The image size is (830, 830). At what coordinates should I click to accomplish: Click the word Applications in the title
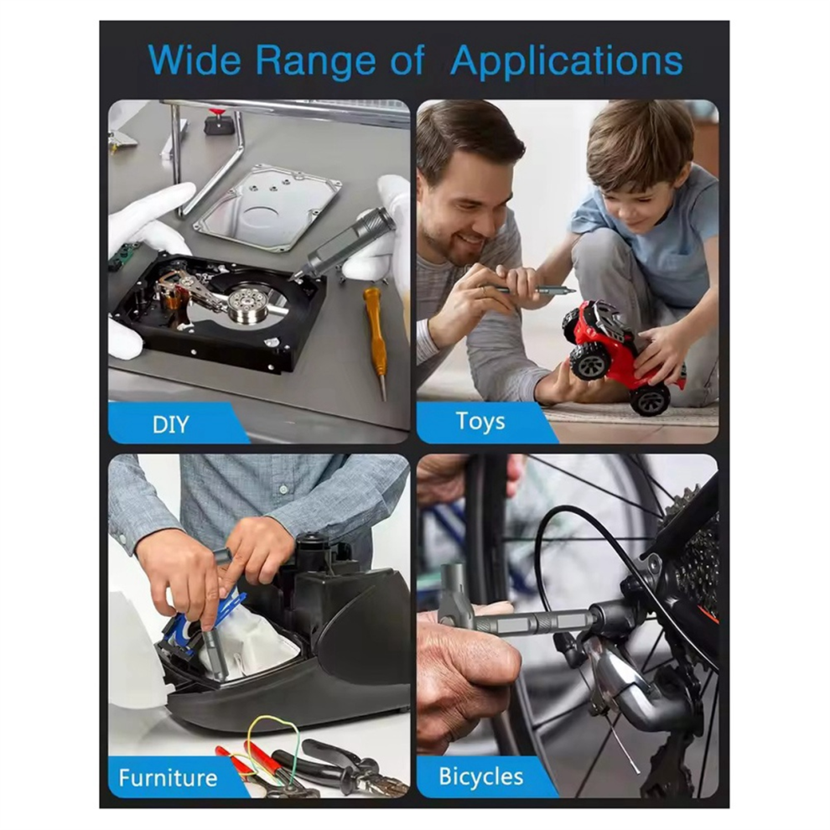coord(567,62)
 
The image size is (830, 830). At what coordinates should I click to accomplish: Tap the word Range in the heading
coord(316,62)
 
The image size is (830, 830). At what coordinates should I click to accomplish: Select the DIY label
coord(170,424)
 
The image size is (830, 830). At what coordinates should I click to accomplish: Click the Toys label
coord(480,422)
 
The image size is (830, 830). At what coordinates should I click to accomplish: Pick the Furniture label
coord(168,777)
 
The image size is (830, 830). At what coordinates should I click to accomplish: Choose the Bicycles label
coord(480,776)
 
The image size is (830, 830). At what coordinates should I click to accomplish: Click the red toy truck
coord(623,355)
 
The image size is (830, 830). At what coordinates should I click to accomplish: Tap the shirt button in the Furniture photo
coord(284,490)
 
